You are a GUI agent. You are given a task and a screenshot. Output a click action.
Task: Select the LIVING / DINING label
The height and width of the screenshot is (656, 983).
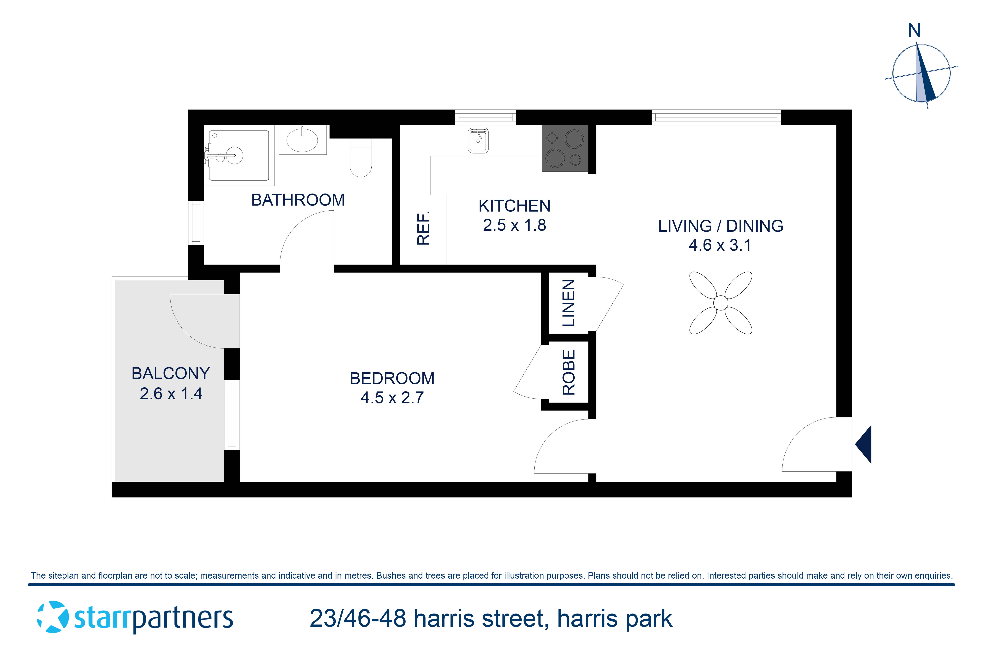tap(721, 226)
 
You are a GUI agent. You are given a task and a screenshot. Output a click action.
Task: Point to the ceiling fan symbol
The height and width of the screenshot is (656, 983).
tap(721, 303)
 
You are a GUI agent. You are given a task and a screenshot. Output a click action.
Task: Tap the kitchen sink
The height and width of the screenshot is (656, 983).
tap(478, 141)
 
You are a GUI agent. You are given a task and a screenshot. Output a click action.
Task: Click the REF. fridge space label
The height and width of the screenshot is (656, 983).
tap(423, 228)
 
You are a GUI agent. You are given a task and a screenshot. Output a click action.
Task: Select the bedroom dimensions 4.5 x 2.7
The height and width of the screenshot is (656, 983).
tap(392, 397)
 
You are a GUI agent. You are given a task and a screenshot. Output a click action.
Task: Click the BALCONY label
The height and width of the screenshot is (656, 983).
tap(171, 373)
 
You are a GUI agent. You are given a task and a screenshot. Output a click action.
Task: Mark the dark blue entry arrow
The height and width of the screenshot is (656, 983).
tap(864, 444)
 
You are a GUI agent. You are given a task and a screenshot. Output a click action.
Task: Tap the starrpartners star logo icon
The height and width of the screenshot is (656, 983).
tap(53, 617)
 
